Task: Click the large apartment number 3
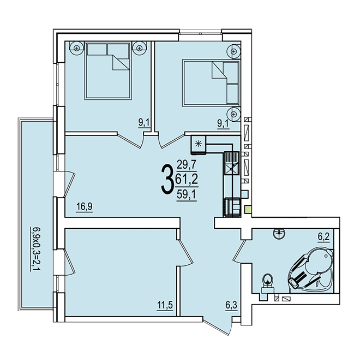pyautogui.click(x=167, y=180)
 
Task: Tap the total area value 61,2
pyautogui.click(x=187, y=179)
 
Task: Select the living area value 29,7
pyautogui.click(x=187, y=165)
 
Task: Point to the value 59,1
pyautogui.click(x=187, y=194)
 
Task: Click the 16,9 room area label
pyautogui.click(x=85, y=206)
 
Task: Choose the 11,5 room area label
pyautogui.click(x=165, y=305)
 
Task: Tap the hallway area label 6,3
pyautogui.click(x=231, y=305)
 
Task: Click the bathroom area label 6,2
pyautogui.click(x=324, y=237)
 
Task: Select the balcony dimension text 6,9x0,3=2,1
pyautogui.click(x=34, y=250)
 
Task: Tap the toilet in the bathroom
pyautogui.click(x=267, y=284)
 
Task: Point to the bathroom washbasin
pyautogui.click(x=279, y=233)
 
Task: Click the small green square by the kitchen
pyautogui.click(x=248, y=210)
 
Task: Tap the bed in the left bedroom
pyautogui.click(x=107, y=70)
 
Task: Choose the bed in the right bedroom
pyautogui.click(x=211, y=83)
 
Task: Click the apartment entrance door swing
pyautogui.click(x=217, y=326)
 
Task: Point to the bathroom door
pyautogui.click(x=239, y=251)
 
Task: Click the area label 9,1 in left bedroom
pyautogui.click(x=144, y=123)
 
